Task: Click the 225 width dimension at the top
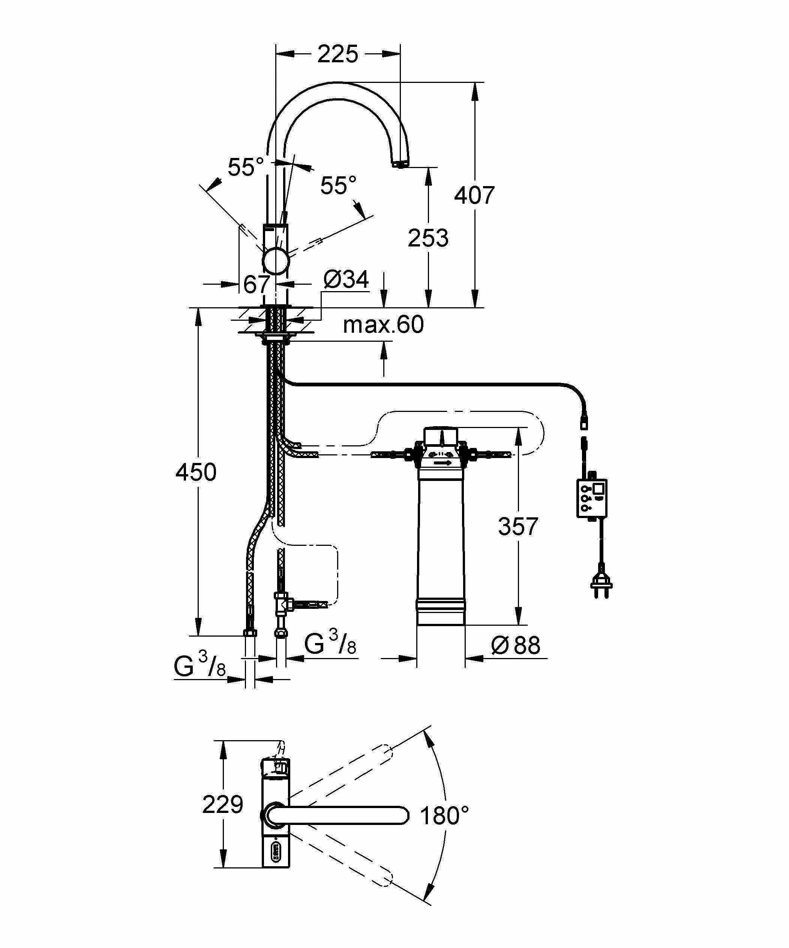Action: click(x=337, y=54)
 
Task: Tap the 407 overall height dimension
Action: click(x=474, y=195)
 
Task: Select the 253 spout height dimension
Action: click(x=428, y=238)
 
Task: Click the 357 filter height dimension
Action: click(x=518, y=526)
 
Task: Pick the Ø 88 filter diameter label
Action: click(x=516, y=645)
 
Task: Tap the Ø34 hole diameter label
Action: click(x=346, y=279)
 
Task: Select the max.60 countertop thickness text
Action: click(x=383, y=325)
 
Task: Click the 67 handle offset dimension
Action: click(x=256, y=284)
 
